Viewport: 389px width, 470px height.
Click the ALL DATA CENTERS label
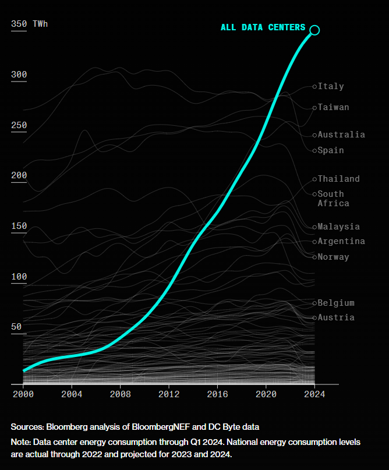point(263,27)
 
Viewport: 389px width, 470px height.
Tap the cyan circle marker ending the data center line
point(314,30)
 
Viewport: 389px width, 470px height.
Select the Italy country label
point(331,86)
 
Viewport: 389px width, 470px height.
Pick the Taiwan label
point(333,107)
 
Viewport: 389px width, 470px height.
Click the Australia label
point(341,135)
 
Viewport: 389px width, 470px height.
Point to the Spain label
point(331,150)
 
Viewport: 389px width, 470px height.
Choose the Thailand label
point(338,179)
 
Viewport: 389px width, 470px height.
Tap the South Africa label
point(333,199)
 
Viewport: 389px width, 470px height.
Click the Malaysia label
point(338,227)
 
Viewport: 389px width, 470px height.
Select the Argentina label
point(341,241)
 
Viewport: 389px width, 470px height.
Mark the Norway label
point(333,257)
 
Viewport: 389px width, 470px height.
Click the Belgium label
point(336,303)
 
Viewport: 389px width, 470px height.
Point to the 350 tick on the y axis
point(19,24)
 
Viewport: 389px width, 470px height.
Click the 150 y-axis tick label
point(19,226)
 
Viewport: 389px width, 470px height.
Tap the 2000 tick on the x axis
point(23,394)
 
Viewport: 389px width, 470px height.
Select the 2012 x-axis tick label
point(169,394)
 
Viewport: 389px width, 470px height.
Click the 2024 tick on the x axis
point(314,394)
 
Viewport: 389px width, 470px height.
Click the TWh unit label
point(40,24)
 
